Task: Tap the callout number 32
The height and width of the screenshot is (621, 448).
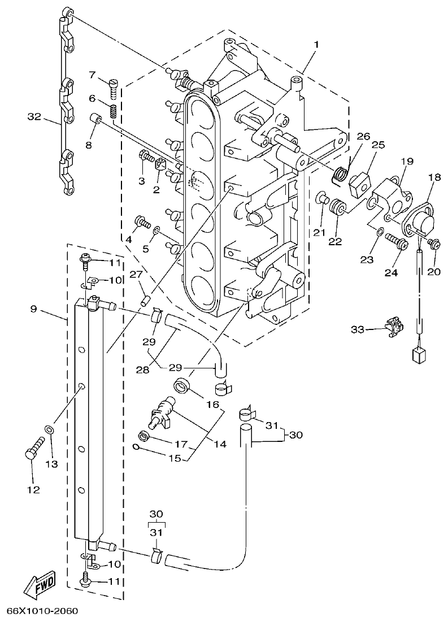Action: [34, 117]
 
